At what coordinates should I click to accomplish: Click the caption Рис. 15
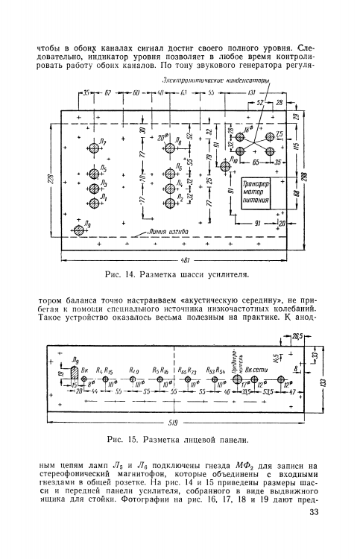pos(177,438)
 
